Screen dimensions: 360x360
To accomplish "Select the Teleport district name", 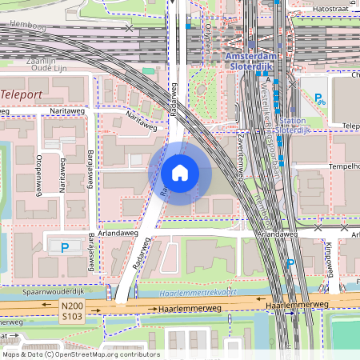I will [x=22, y=94].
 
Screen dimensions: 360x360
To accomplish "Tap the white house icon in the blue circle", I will [x=179, y=174].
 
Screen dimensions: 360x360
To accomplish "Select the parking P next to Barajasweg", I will [x=64, y=246].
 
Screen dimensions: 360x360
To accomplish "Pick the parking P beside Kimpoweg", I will [x=291, y=263].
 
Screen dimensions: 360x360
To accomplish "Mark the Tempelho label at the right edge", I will [x=342, y=166].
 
